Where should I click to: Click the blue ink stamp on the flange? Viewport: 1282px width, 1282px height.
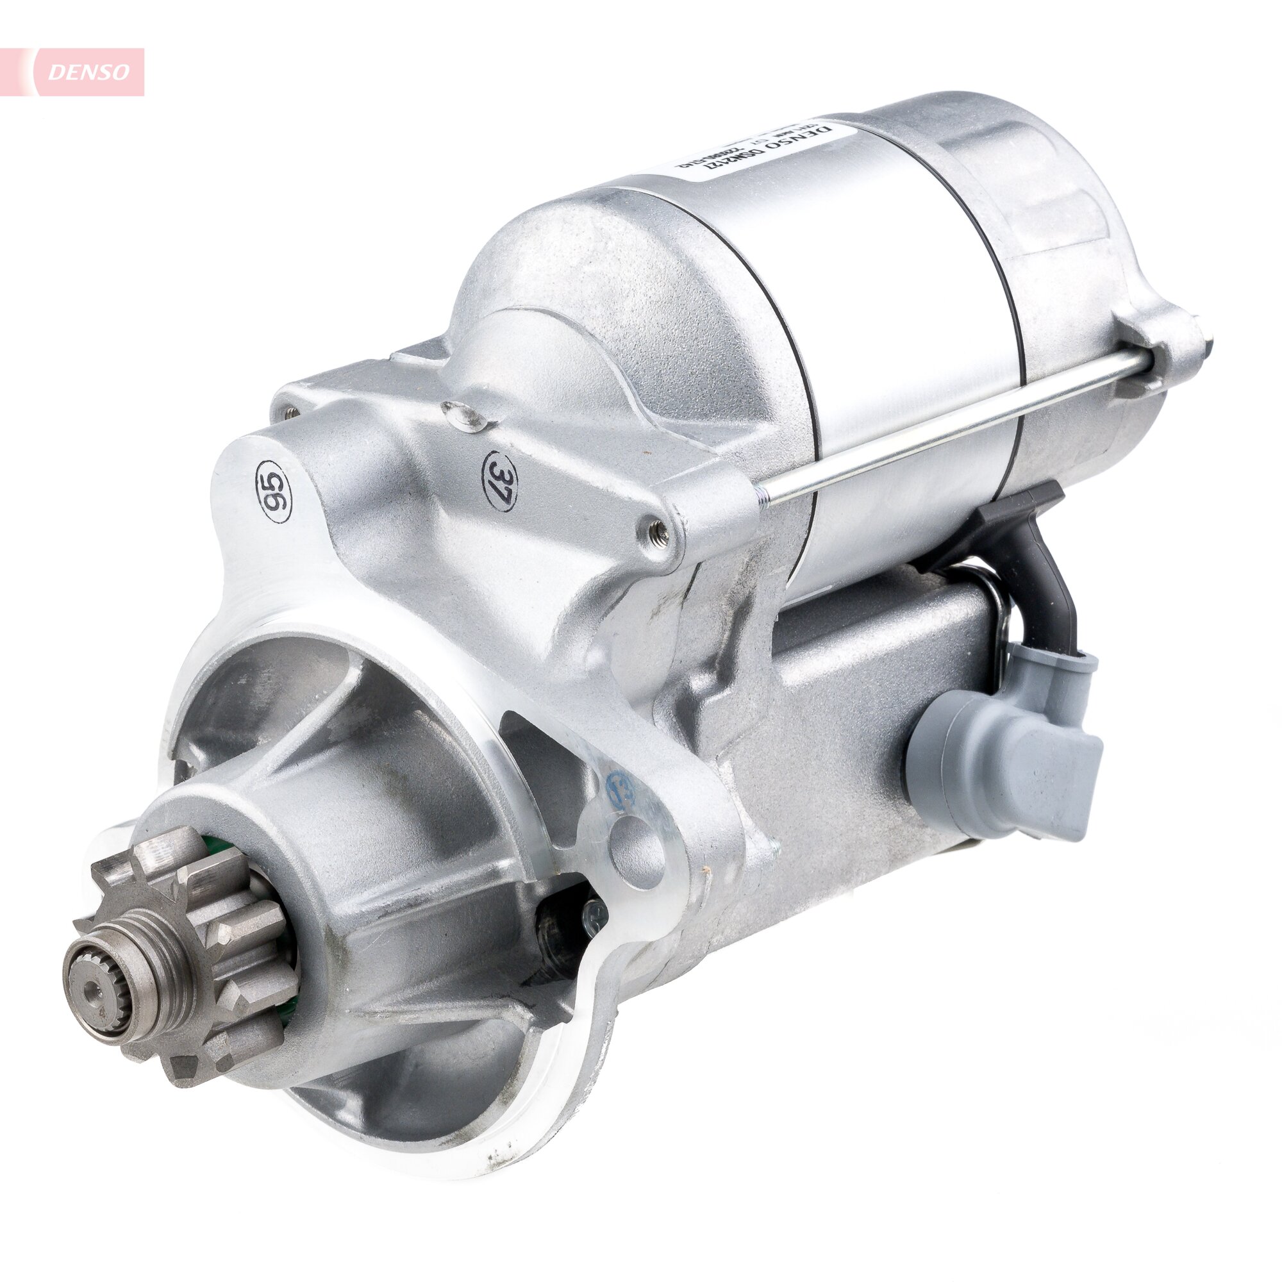tap(620, 790)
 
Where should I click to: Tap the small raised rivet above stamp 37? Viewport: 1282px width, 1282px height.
tap(465, 415)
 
